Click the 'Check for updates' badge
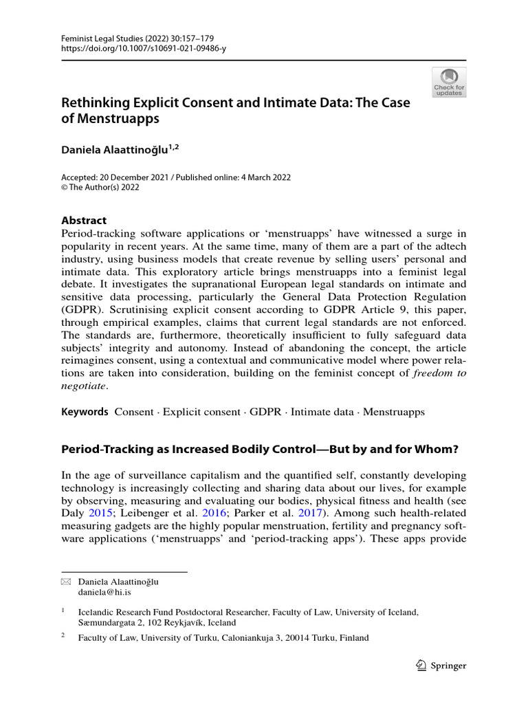[x=448, y=82]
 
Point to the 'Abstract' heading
[x=84, y=220]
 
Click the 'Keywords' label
[x=85, y=412]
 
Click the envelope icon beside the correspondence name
[x=66, y=581]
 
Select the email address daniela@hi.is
[x=102, y=592]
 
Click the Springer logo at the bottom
[x=441, y=665]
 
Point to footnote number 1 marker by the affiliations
[x=63, y=609]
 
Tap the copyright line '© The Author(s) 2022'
[x=107, y=188]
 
